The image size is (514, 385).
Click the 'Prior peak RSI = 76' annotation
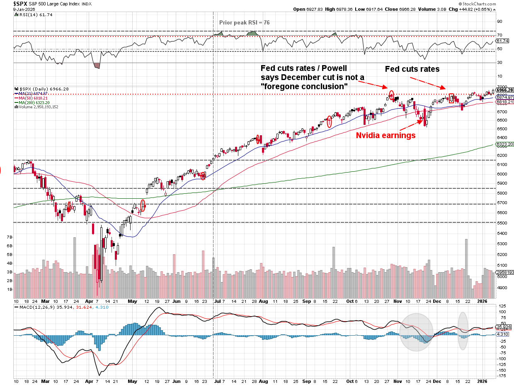[x=244, y=22]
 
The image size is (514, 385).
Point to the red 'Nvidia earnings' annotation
[x=386, y=135]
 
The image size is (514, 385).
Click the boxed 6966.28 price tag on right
[x=505, y=90]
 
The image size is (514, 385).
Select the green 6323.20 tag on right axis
[x=505, y=144]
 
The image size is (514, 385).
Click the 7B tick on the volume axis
[x=10, y=237]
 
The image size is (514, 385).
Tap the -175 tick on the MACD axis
[x=502, y=376]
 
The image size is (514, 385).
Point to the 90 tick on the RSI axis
[x=499, y=21]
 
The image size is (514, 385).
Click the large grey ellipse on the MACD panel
[x=416, y=332]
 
